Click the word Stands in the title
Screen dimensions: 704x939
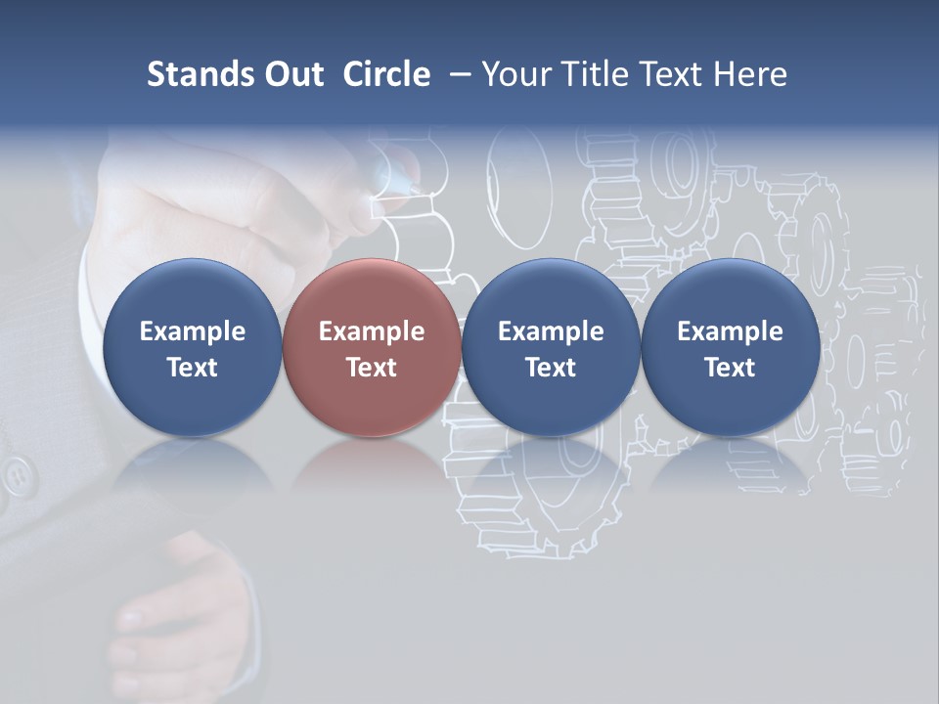point(191,74)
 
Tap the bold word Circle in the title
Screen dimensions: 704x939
point(386,74)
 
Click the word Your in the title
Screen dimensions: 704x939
point(514,74)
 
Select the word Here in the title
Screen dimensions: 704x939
point(750,74)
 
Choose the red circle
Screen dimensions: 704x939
point(372,347)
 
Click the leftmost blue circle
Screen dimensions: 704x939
point(193,347)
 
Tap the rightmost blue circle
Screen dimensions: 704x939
point(730,347)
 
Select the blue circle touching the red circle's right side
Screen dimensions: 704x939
point(551,347)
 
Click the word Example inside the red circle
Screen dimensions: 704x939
point(372,331)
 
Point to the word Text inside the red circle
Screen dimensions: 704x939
point(372,368)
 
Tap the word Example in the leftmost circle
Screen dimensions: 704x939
point(193,331)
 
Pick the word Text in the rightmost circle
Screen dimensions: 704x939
point(730,368)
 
